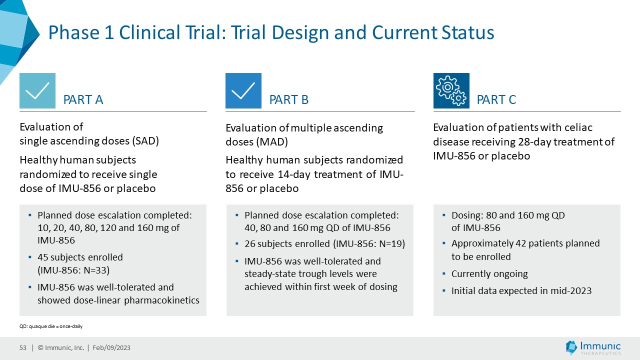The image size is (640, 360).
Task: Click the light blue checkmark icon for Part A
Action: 37,90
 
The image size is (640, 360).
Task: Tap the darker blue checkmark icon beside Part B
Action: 243,90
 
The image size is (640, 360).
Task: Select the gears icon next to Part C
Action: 451,90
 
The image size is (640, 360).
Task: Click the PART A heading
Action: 83,100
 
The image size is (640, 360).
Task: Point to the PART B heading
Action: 289,100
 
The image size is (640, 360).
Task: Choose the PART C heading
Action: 496,100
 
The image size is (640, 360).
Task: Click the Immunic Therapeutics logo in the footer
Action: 593,347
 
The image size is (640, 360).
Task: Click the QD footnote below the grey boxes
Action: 51,326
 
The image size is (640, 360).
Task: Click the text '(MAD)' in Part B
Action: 273,142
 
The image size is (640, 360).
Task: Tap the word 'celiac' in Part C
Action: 577,128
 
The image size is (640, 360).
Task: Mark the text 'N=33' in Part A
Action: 95,270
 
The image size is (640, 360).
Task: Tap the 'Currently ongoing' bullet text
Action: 489,274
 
